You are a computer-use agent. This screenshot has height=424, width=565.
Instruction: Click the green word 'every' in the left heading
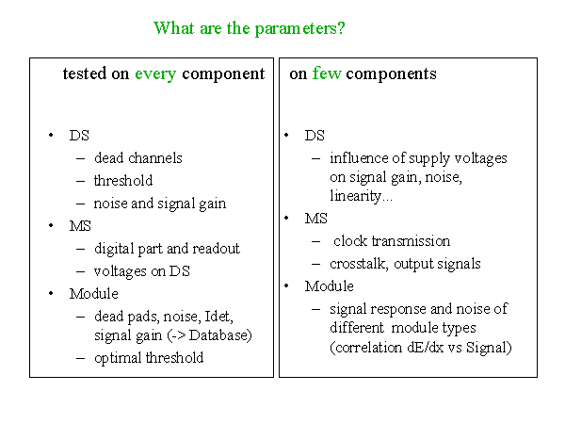pos(155,74)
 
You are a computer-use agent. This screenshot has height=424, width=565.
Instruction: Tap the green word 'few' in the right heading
pos(327,73)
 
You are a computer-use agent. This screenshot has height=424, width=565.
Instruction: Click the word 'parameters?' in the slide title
pos(299,29)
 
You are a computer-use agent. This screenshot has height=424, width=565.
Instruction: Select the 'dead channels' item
pos(138,158)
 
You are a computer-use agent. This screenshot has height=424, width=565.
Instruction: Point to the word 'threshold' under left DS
pos(123,180)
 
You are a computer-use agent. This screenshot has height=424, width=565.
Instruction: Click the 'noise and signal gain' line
pos(160,204)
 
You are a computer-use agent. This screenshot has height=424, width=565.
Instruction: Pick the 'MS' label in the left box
pos(80,226)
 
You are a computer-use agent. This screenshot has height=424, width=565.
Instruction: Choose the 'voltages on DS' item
pos(141,271)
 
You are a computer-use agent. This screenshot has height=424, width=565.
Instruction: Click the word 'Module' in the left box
pos(93,293)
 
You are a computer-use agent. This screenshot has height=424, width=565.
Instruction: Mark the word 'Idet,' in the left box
pos(218,317)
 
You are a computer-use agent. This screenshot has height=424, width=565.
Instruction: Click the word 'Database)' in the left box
pos(220,334)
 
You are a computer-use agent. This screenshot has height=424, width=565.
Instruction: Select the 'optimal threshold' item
pos(149,358)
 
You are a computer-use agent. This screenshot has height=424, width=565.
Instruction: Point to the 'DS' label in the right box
pos(315,136)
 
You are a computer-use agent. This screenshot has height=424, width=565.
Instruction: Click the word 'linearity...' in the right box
pos(361,196)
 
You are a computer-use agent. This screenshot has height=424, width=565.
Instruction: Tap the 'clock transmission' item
pos(392,241)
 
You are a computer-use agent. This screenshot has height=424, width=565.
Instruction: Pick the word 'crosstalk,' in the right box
pos(359,264)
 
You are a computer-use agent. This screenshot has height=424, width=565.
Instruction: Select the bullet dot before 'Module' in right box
pos(286,285)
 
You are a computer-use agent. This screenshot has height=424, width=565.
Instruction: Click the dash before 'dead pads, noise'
pos(81,317)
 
